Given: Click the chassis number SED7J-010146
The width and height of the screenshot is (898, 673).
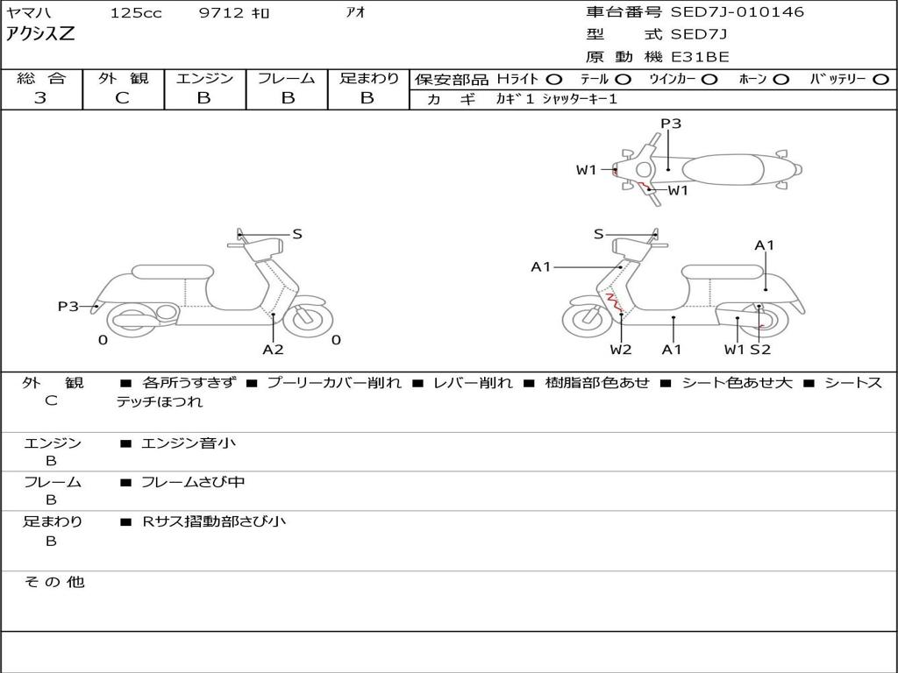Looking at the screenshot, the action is [737, 12].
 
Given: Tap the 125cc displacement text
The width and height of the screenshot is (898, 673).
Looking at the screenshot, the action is [136, 13].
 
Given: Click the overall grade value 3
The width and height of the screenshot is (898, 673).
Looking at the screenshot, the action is [40, 98].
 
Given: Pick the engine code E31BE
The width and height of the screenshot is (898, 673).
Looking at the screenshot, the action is [700, 57].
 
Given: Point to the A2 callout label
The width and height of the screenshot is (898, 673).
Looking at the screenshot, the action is [274, 350].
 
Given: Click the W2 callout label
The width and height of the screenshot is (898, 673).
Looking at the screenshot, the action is [621, 350].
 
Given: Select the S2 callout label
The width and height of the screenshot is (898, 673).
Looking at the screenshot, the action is [760, 350].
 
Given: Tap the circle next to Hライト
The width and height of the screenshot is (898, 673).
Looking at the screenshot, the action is [554, 79].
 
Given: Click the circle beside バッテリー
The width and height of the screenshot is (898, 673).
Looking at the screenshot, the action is [881, 79].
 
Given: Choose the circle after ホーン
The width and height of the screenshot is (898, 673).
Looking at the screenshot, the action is [780, 79].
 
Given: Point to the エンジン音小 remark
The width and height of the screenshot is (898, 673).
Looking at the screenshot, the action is [189, 443].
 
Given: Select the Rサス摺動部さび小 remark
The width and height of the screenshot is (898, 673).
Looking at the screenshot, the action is [214, 521].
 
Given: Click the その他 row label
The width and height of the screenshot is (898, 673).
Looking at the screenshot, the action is [53, 582].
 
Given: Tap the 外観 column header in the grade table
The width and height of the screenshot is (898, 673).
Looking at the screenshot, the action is [123, 78].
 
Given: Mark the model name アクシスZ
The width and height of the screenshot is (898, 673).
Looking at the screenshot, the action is [41, 34].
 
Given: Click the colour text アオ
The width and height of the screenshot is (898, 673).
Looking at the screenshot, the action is [356, 13].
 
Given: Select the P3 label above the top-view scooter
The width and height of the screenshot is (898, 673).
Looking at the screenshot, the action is [671, 124].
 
